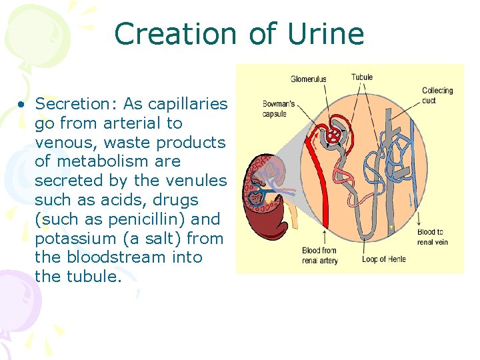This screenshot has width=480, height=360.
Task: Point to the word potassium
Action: [x=75, y=238]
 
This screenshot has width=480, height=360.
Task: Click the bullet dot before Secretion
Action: [x=22, y=105]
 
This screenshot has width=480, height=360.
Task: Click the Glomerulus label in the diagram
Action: [x=308, y=79]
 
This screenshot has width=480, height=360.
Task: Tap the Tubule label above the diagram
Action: [x=362, y=77]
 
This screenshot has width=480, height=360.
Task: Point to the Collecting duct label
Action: [x=437, y=95]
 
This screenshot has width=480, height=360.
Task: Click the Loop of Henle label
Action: [x=383, y=259]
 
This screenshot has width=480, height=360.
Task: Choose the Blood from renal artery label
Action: [x=321, y=255]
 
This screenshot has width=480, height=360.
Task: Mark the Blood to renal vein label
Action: [x=433, y=237]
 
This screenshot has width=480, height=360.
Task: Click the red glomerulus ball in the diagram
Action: [x=331, y=135]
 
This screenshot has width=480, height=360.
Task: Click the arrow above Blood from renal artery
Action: [x=324, y=237]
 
